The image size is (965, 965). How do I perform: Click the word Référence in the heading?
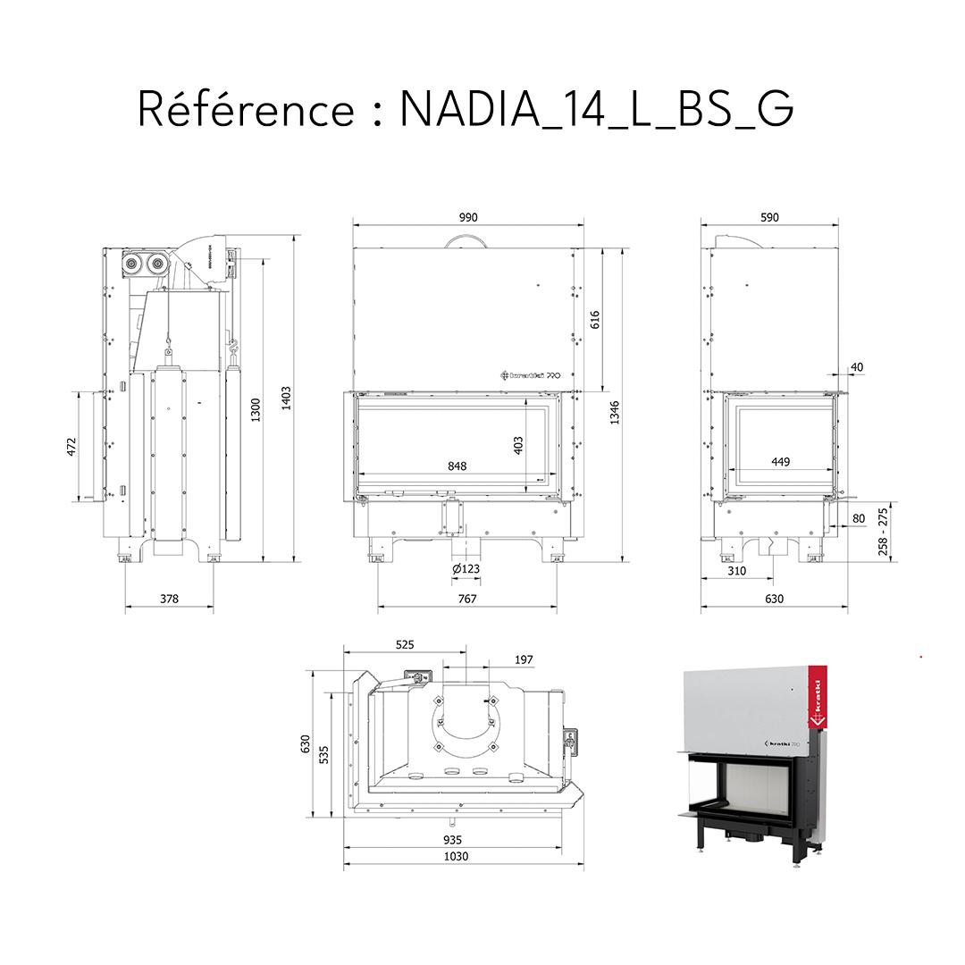coord(246,109)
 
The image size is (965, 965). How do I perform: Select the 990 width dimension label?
coord(468,217)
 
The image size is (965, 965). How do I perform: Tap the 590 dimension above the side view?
coord(769,217)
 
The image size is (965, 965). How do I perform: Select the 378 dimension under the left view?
coord(169,599)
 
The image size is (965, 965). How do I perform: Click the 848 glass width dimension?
coord(457,466)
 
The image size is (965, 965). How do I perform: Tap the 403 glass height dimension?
coord(517,445)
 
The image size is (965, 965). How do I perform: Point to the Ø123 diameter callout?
coord(466,569)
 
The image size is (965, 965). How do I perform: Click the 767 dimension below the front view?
coord(466,599)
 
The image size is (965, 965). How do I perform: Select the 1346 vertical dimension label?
coord(616,413)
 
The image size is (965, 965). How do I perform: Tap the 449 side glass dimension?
coord(781,462)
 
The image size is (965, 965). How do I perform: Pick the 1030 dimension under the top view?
coord(457,856)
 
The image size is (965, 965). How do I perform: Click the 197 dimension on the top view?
coord(524,659)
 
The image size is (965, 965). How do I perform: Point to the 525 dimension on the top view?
coord(405,643)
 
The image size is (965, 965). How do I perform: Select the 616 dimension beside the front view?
coord(595,320)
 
